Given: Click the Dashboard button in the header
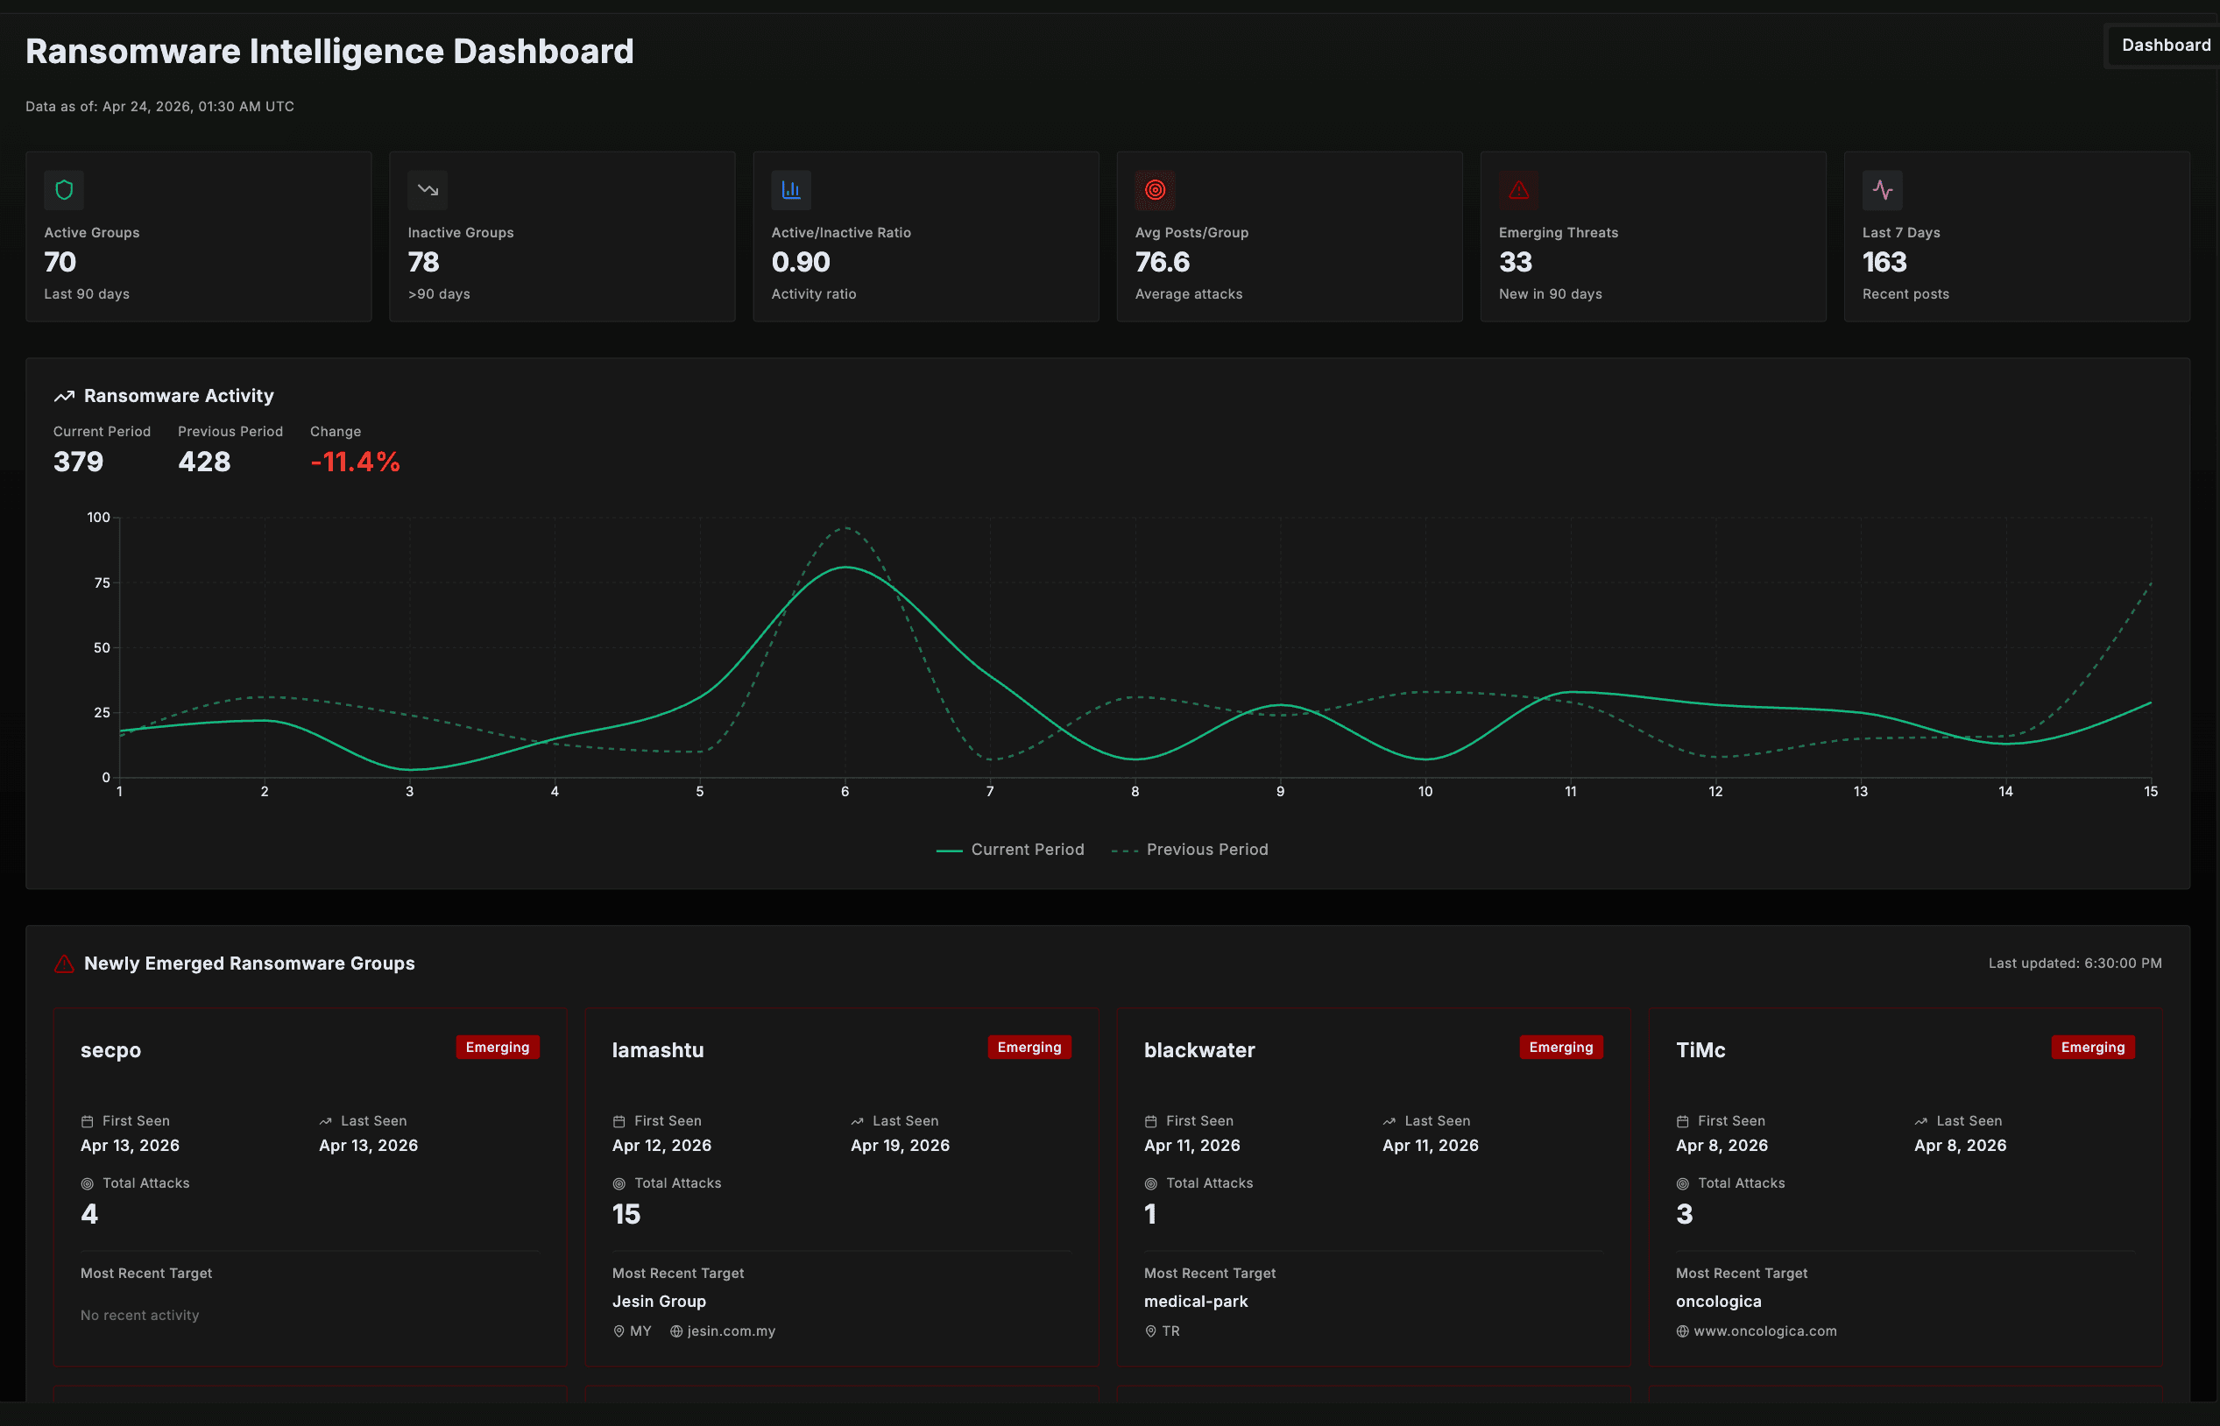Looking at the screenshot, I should [x=2165, y=46].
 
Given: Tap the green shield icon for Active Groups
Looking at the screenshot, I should [x=64, y=190].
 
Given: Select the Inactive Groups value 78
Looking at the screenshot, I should [x=423, y=263].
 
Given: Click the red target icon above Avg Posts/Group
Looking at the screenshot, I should [x=1154, y=190].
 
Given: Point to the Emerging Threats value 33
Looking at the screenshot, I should [x=1516, y=263].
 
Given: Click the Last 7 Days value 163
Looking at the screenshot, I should [x=1884, y=263].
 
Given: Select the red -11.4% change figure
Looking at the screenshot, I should [x=355, y=462].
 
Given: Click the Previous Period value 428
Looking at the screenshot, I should [x=204, y=462].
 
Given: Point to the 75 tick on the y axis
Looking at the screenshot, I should [x=102, y=582].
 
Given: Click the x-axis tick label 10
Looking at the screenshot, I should [x=1425, y=792].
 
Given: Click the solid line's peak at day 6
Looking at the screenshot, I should [x=845, y=568].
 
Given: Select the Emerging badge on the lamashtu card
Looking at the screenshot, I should [x=1028, y=1048].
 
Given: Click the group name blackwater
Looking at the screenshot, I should [x=1198, y=1050].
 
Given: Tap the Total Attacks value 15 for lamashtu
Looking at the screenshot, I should [x=626, y=1214].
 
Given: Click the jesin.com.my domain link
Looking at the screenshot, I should [x=730, y=1331].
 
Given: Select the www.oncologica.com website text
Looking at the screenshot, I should [x=1764, y=1331].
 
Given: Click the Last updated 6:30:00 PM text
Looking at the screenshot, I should [x=2074, y=963].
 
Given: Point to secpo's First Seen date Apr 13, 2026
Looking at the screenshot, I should [x=130, y=1146].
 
